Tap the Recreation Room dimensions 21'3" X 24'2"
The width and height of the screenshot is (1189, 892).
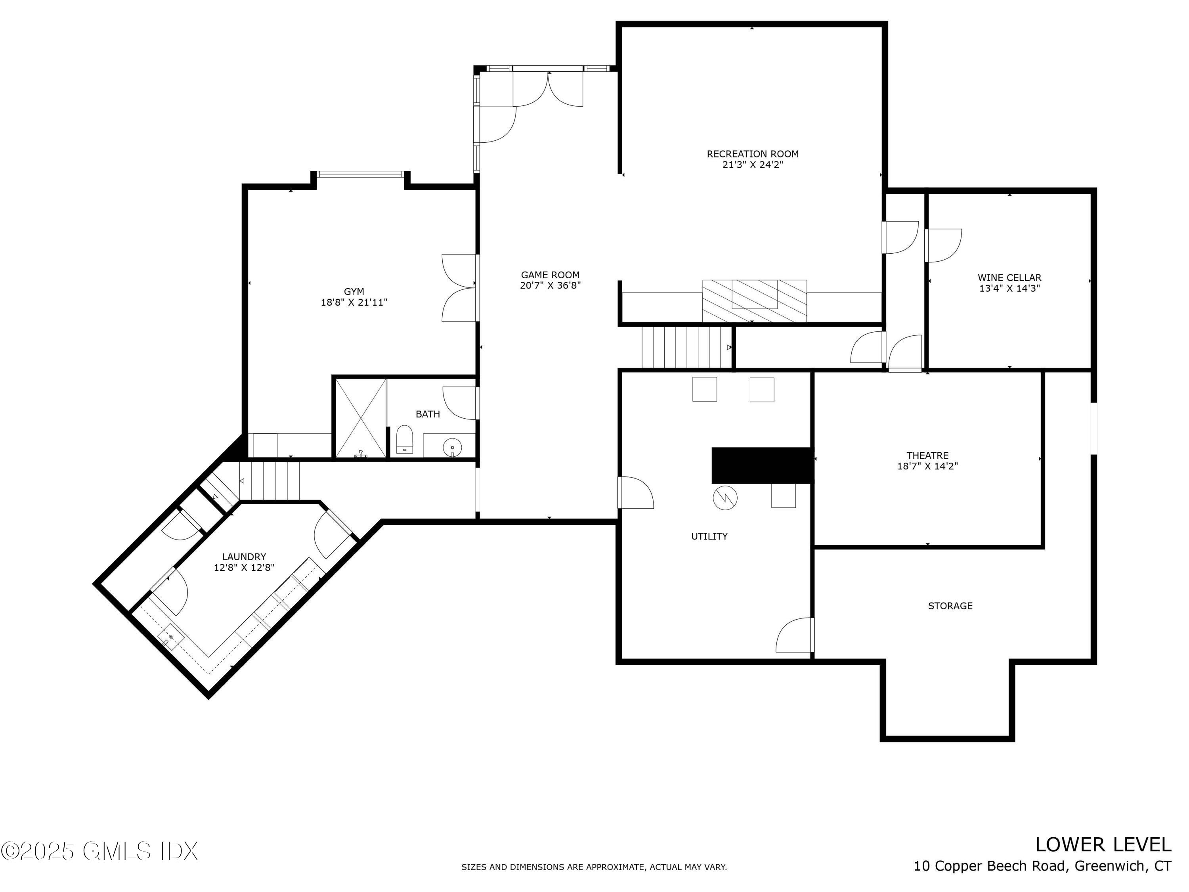(x=753, y=165)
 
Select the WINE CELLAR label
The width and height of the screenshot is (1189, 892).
(x=1009, y=278)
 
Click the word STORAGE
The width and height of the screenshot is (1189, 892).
(x=950, y=606)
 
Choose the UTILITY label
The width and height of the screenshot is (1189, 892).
(x=709, y=536)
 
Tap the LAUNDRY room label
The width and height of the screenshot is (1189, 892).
(x=244, y=557)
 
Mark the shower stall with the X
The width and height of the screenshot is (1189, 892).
(x=361, y=418)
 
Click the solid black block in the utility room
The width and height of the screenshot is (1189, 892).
(x=762, y=465)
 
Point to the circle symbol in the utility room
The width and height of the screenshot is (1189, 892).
(x=725, y=498)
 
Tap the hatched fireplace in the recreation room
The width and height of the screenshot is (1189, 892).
(x=754, y=301)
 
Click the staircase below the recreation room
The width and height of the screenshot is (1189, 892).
(x=686, y=347)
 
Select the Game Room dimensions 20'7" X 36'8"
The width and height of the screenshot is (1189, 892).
(x=550, y=285)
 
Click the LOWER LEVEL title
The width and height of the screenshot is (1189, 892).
(x=1103, y=845)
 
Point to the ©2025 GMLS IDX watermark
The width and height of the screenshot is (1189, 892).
(x=99, y=851)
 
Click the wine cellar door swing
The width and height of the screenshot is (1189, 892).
(x=943, y=245)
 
